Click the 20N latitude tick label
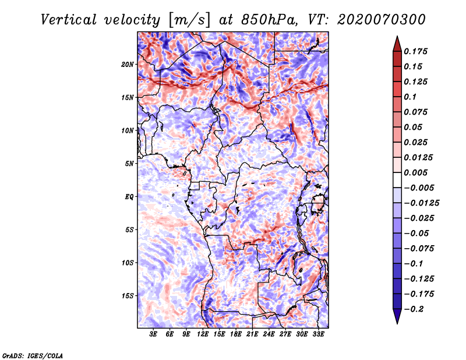click(128, 64)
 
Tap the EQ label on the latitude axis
click(129, 196)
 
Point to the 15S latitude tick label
click(128, 295)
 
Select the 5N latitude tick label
click(129, 163)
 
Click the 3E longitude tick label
click(153, 334)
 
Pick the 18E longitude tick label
click(236, 334)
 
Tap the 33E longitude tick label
click(318, 334)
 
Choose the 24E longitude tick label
click(269, 334)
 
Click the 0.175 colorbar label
click(415, 51)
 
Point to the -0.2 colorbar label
click(414, 309)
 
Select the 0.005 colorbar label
click(415, 172)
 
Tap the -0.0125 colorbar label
click(421, 203)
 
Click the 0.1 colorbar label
click(410, 97)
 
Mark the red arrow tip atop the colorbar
click(397, 36)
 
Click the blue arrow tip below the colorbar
click(397, 323)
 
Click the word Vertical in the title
click(69, 20)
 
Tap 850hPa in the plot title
click(269, 20)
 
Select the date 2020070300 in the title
click(382, 20)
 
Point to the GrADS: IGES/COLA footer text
click(33, 355)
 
